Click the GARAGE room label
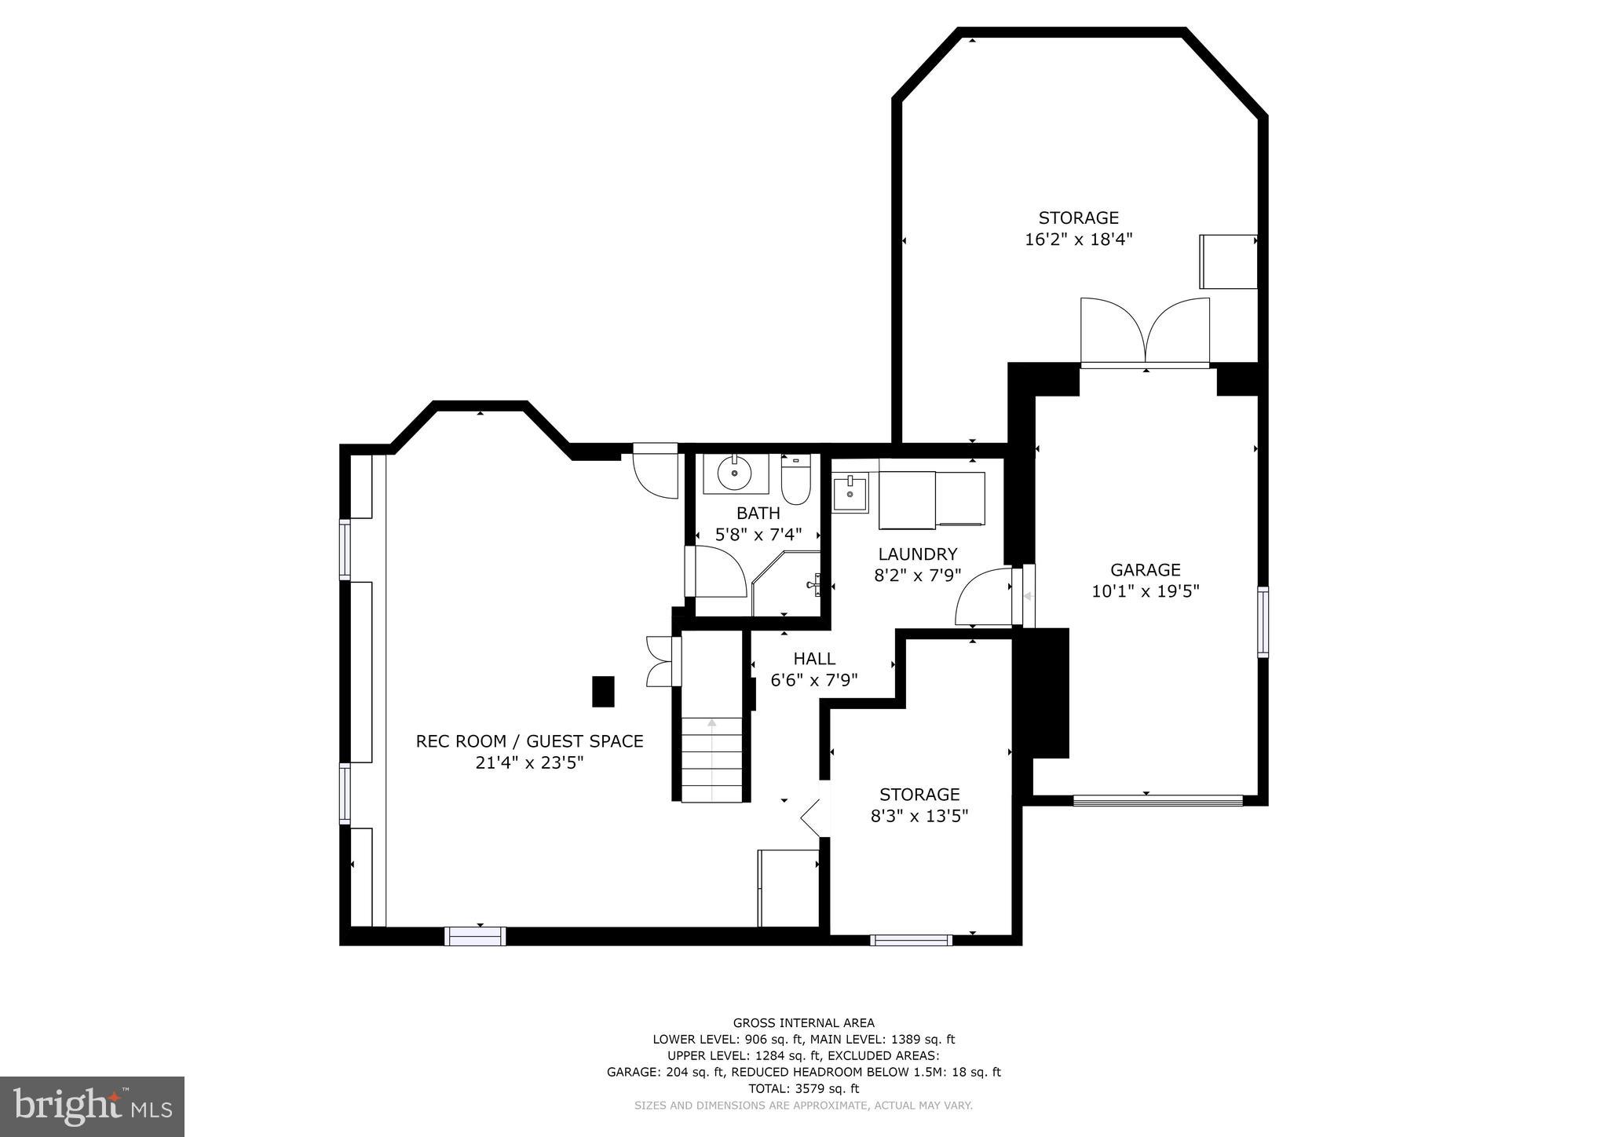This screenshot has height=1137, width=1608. [1145, 570]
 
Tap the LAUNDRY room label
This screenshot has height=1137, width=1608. [917, 554]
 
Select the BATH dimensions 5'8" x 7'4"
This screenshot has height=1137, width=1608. [758, 535]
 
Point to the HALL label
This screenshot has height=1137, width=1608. [813, 659]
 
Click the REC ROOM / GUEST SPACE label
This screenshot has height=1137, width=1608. [529, 741]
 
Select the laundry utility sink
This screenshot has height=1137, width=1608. [850, 494]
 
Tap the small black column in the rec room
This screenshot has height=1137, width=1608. [602, 692]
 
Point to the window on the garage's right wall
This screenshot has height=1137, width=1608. [1263, 622]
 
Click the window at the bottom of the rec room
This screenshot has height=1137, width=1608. [475, 936]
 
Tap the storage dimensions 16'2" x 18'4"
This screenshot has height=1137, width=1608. [1078, 239]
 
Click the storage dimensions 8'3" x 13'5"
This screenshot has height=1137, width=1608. [919, 816]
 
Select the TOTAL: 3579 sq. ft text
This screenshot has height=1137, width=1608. [803, 1088]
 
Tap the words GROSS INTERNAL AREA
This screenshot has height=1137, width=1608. [803, 1022]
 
